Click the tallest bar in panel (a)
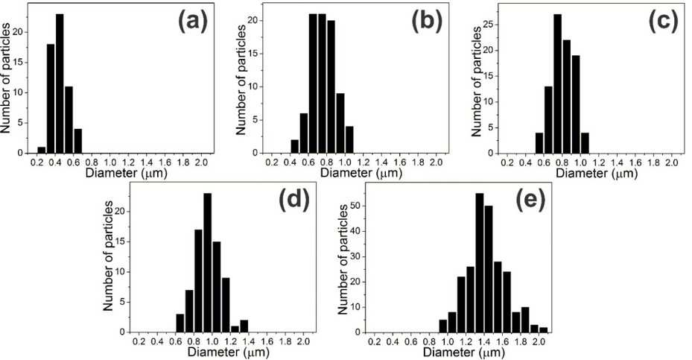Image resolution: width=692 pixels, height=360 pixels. [x=60, y=83]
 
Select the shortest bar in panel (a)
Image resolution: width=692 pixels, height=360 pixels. [x=42, y=150]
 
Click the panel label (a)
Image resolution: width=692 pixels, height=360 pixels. [x=192, y=22]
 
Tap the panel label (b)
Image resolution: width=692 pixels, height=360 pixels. [x=427, y=22]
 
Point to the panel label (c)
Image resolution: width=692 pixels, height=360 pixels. [x=663, y=22]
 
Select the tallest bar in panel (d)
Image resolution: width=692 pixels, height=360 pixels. [x=207, y=262]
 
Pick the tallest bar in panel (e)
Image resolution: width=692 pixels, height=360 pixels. [x=480, y=262]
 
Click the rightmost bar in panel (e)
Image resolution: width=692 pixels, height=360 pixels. [x=543, y=329]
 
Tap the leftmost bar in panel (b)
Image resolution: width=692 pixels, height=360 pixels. [x=295, y=146]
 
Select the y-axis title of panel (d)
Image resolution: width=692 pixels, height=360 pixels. [x=108, y=256]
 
